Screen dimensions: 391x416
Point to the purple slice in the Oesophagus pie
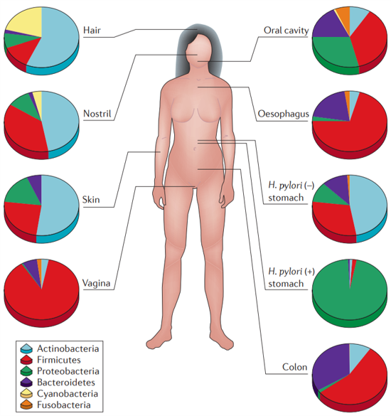pos(331,106)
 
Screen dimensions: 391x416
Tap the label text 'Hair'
pos(92,31)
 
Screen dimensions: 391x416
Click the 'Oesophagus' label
pos(284,114)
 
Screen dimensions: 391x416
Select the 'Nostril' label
pos(97,114)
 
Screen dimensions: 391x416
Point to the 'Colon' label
pos(294,367)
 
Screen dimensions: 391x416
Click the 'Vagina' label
pos(96,283)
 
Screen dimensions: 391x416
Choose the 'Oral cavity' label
pos(286,31)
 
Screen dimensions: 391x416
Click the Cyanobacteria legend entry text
pos(68,394)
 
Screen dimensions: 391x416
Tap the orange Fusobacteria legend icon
pos(26,405)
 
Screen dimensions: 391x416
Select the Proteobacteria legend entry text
pos(68,371)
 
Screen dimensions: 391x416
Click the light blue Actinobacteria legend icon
pos(26,348)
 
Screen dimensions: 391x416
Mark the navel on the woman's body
pos(195,149)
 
